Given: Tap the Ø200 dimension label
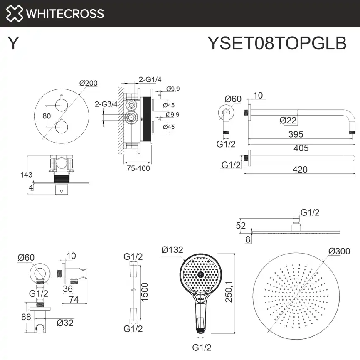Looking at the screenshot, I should tap(88, 83).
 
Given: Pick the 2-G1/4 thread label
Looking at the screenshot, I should tap(150, 79).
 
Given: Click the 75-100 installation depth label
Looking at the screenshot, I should tap(138, 168).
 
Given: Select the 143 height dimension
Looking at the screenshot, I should tap(26, 175).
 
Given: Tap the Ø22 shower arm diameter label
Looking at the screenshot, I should tap(288, 120).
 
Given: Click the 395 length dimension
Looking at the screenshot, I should tap(296, 134).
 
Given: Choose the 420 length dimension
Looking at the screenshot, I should tap(300, 169).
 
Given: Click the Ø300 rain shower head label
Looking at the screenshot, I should tap(338, 251).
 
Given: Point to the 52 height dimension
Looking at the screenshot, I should tap(241, 226).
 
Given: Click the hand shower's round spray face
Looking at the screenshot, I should tap(201, 274).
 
